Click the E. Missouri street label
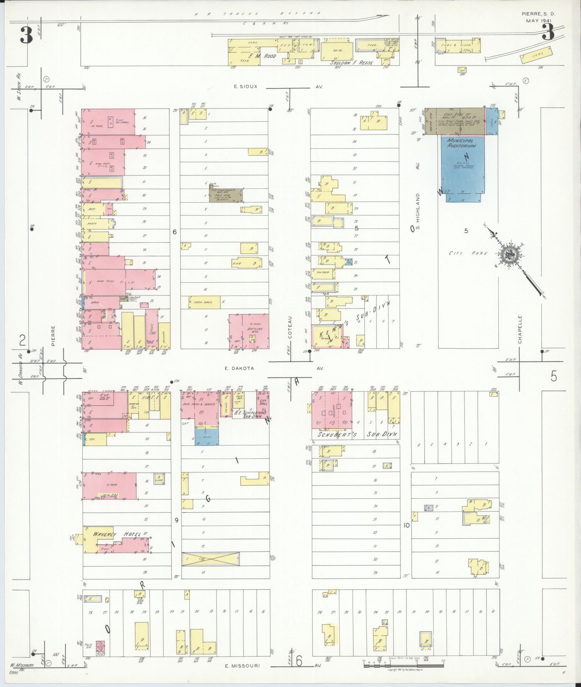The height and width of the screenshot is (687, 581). click(x=243, y=666)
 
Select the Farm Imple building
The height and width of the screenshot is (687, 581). click(x=204, y=302)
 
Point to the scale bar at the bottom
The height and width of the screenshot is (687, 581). click(x=403, y=665)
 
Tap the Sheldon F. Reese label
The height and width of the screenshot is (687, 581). click(x=352, y=63)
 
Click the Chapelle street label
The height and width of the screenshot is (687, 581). click(x=520, y=329)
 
